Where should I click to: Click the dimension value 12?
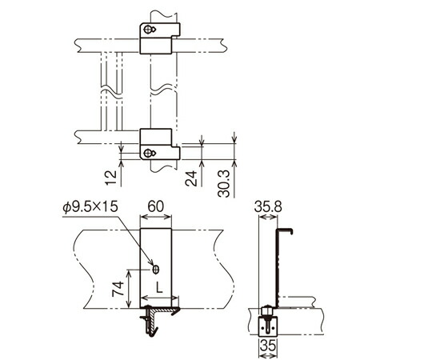(x=111, y=178)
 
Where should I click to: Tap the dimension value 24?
(x=191, y=178)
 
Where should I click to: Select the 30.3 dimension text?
(x=223, y=184)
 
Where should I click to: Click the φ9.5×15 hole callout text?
(x=90, y=207)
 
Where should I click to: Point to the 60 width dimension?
(x=156, y=206)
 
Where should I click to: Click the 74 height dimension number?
(x=118, y=289)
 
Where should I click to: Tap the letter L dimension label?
(x=159, y=287)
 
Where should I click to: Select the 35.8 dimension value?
(x=268, y=206)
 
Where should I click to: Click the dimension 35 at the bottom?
(x=268, y=346)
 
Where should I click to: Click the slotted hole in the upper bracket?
(x=150, y=29)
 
